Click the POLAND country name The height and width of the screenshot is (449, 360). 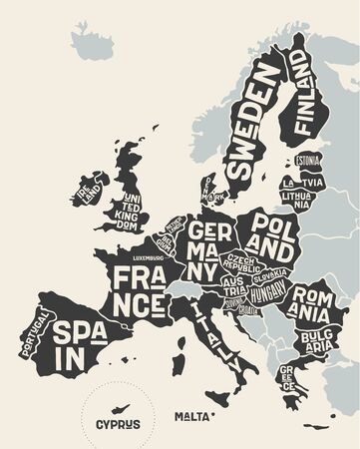coord(272,232)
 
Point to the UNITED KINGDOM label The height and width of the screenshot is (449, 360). coord(135,211)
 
